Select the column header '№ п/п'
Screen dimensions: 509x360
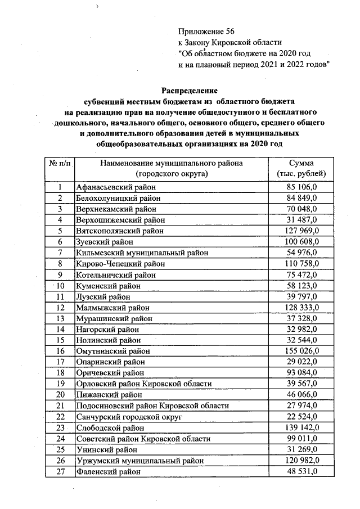(59, 163)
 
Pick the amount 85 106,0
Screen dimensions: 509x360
(303, 187)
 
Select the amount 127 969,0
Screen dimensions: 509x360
(301, 231)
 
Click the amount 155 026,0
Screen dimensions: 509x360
(301, 351)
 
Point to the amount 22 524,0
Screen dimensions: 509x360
(303, 417)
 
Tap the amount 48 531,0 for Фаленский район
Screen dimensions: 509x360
(303, 472)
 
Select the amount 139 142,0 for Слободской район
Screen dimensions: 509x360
(301, 428)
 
